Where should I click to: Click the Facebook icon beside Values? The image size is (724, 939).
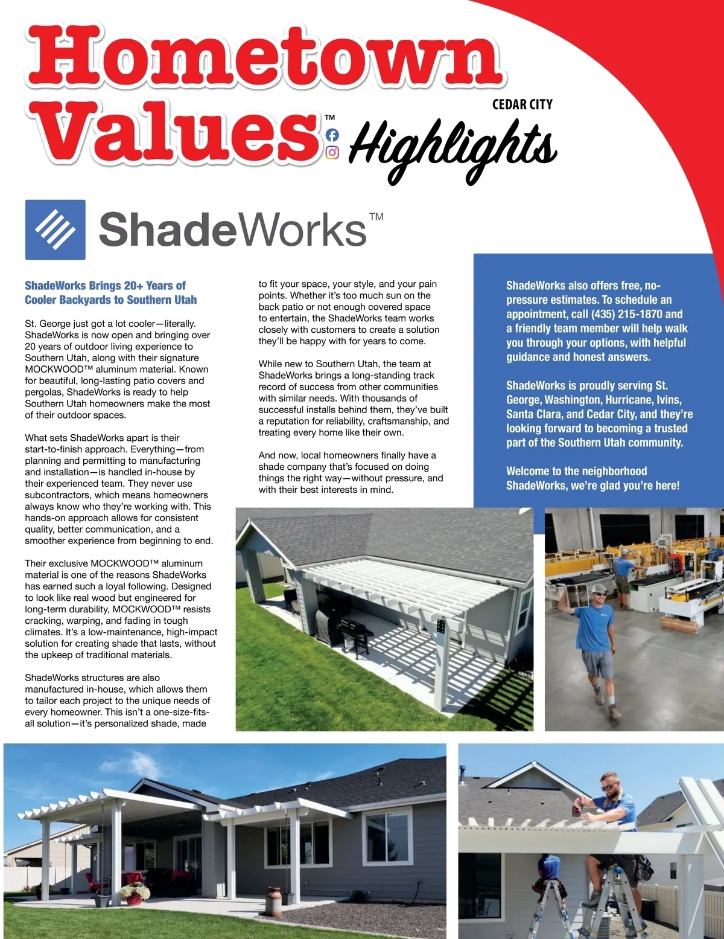pos(332,135)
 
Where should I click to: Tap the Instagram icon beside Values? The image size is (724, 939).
pos(332,153)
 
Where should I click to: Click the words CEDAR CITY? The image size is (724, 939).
pos(522,104)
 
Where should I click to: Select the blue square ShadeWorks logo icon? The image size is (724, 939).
pos(55,229)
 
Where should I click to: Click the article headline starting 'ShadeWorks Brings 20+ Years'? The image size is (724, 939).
pos(110,292)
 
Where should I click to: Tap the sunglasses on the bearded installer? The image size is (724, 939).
pos(609,787)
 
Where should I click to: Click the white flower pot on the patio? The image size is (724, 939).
pos(135,898)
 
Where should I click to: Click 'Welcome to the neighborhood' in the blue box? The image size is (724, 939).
pos(576,471)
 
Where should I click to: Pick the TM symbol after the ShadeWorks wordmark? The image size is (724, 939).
pos(376,216)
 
